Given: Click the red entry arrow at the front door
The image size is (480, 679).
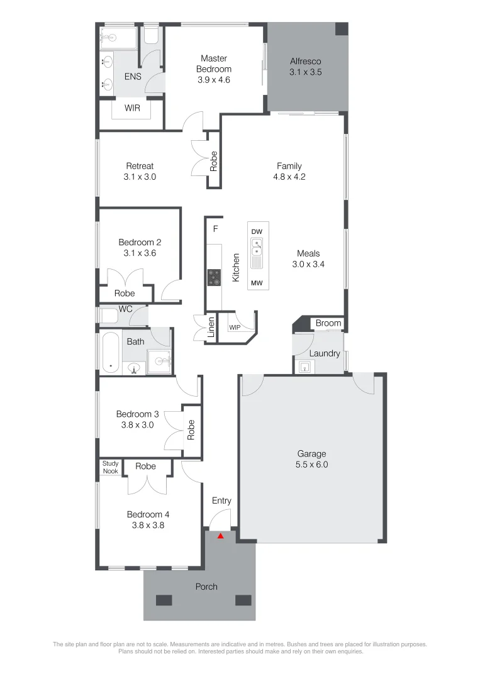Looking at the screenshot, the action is [x=221, y=536].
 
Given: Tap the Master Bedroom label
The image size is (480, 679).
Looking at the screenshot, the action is [x=213, y=63].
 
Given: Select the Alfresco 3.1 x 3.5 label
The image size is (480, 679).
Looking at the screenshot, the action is [x=305, y=67].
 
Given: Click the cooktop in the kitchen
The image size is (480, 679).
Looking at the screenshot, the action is [x=214, y=278].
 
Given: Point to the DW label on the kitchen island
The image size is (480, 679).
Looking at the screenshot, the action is [x=257, y=231].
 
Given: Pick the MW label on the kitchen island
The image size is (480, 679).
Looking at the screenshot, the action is [x=257, y=283].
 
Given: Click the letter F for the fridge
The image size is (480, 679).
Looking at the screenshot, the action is [x=215, y=229].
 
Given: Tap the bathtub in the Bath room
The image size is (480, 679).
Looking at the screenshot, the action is [x=111, y=352].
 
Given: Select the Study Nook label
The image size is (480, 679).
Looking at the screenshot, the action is [x=111, y=467].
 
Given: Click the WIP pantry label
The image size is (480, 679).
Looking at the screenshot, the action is [x=235, y=328].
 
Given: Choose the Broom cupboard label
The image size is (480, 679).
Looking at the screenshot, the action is [x=328, y=323].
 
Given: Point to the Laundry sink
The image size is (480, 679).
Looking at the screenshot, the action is [x=305, y=367].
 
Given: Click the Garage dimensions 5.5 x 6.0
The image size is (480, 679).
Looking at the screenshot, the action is [x=312, y=465].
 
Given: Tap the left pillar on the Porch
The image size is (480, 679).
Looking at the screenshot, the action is [x=164, y=600].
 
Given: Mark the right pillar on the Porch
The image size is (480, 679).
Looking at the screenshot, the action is [x=243, y=600].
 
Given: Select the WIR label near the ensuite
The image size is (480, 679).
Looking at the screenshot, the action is [x=132, y=108].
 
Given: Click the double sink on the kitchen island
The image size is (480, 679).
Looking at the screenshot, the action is [x=257, y=246].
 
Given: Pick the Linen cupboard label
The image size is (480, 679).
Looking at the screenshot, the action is [x=211, y=328].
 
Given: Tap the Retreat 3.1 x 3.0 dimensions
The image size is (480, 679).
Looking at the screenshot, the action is [x=140, y=177].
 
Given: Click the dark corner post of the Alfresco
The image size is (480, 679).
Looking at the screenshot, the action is [x=342, y=29].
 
